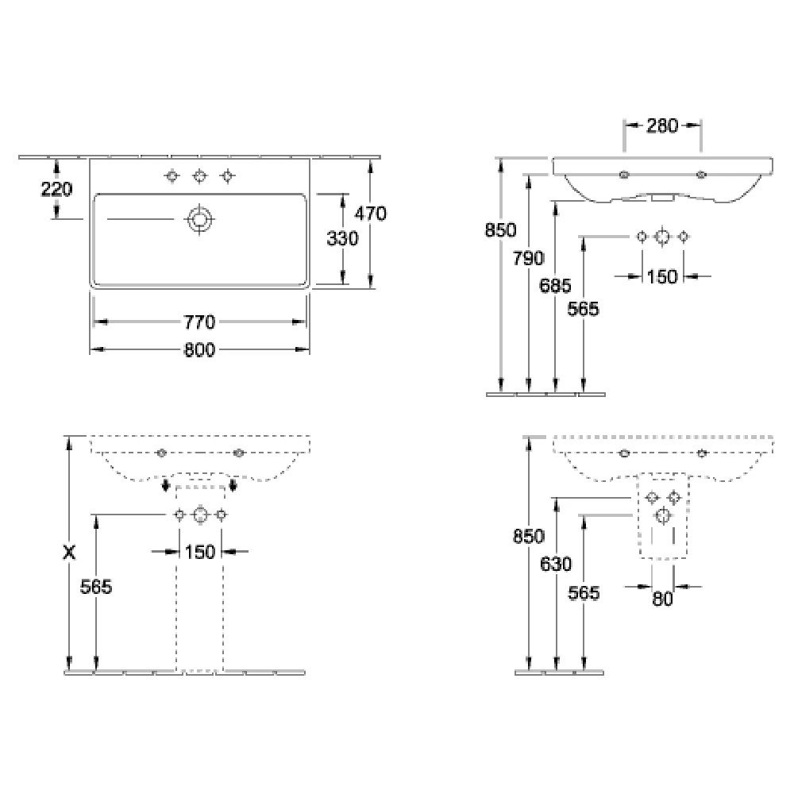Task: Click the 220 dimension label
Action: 56,190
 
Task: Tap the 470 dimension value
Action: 370,214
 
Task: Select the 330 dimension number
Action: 342,238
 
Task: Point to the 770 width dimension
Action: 199,322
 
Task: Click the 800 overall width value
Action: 199,350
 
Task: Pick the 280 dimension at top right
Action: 662,125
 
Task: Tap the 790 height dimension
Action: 528,258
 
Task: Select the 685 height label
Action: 555,286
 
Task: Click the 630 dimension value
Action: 556,564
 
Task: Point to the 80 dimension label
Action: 662,599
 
